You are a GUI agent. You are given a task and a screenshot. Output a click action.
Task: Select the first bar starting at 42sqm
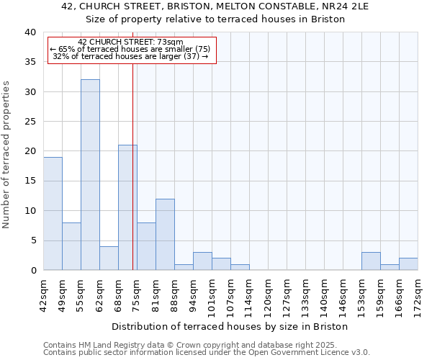click(x=53, y=213)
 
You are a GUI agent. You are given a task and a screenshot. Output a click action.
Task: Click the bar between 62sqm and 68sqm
click(x=109, y=258)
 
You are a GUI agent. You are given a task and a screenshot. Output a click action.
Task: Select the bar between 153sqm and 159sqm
click(x=371, y=261)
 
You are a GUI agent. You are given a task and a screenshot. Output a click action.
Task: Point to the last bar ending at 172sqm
click(x=408, y=264)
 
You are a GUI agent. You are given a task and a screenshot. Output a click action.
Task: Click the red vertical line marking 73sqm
click(x=133, y=166)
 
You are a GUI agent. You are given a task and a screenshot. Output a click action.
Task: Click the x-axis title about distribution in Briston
click(x=230, y=326)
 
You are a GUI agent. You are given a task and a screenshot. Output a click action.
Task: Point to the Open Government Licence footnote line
click(x=207, y=353)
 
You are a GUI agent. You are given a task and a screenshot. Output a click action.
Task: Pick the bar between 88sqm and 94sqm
click(x=184, y=267)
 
